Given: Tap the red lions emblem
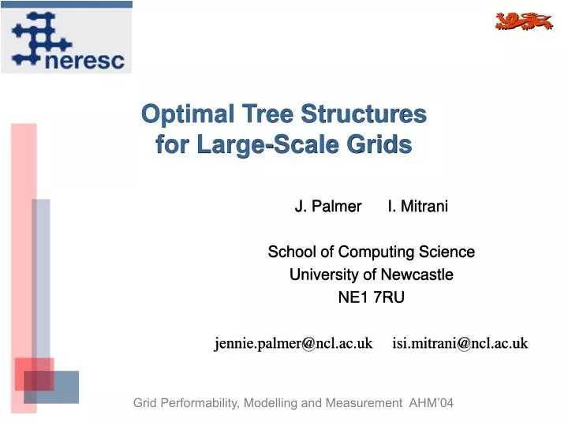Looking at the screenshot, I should click(523, 21).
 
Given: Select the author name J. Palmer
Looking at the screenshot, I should click(327, 207).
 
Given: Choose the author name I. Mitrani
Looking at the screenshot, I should click(417, 207).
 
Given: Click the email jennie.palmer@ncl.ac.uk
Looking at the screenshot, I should click(293, 343).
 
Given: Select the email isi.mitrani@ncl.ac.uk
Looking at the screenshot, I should click(460, 343).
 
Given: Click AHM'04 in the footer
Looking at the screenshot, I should click(432, 403).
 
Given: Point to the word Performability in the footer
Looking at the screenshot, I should click(200, 403).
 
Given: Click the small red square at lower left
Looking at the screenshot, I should click(34, 374).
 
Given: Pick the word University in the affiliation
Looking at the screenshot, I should click(323, 275).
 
